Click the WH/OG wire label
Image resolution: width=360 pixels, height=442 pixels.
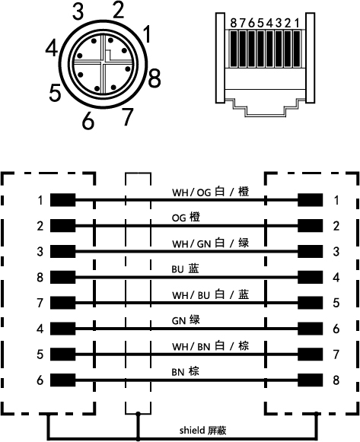pos(211,192)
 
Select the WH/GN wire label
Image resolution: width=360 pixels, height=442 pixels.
pos(211,243)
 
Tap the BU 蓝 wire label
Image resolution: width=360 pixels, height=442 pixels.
pos(185,269)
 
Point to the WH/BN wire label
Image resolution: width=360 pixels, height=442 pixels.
pos(211,346)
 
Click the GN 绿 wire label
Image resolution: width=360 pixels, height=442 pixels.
pos(186,320)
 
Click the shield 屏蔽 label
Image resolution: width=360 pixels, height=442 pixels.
pos(203,431)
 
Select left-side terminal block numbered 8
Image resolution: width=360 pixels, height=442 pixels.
pos(63,277)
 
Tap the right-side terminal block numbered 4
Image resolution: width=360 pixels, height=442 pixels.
pos(311,277)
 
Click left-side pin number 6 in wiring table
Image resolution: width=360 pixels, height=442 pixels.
pos(40,380)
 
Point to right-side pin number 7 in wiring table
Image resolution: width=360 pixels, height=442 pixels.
pos(336,355)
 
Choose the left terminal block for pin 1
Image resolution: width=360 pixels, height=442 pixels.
pos(63,200)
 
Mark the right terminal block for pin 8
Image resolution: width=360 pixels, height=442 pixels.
pos(311,380)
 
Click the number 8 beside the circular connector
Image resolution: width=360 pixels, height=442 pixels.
pos(155,78)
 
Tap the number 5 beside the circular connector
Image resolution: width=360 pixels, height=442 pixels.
pos(55,94)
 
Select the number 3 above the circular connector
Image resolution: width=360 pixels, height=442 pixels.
pos(78,11)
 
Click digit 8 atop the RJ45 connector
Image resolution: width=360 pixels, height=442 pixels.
pos(234,23)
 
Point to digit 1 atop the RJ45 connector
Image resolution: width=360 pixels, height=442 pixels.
pos(297,23)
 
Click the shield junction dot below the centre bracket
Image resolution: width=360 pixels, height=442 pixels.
pos(138,414)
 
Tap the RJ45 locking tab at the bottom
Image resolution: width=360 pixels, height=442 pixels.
pos(266,108)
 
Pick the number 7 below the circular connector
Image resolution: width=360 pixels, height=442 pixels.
pos(127,116)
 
